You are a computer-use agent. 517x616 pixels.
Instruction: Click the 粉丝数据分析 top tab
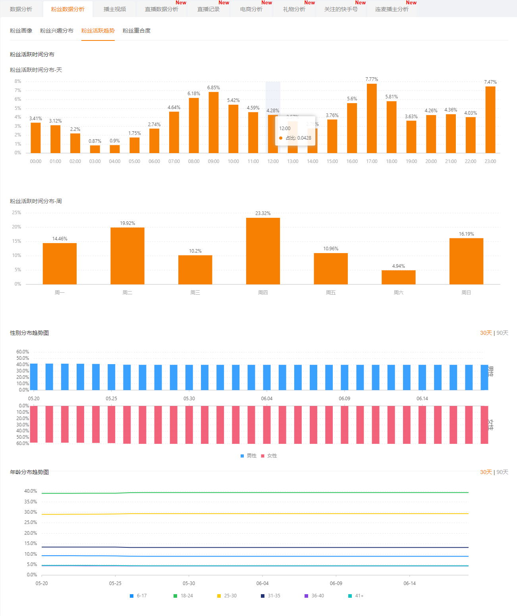click(x=68, y=9)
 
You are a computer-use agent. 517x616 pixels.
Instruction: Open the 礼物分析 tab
click(x=294, y=9)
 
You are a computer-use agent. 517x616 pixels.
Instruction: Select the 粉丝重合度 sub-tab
click(x=137, y=31)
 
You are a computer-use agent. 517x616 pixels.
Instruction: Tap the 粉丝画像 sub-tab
click(x=21, y=31)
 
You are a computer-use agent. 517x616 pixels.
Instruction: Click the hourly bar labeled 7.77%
click(x=372, y=118)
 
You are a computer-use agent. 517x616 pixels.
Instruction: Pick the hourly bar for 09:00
click(x=214, y=122)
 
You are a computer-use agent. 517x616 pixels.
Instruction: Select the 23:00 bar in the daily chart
click(x=490, y=119)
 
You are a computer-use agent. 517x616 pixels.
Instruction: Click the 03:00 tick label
click(x=95, y=161)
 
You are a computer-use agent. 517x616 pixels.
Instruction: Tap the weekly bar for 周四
click(x=263, y=251)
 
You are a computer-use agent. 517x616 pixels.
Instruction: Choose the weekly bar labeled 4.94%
click(x=398, y=277)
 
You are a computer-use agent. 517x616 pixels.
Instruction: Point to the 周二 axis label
click(x=127, y=293)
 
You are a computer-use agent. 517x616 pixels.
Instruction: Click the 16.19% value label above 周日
click(x=466, y=234)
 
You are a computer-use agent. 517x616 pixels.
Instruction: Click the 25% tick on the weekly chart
click(x=17, y=213)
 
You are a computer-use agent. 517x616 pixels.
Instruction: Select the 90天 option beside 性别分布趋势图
click(x=502, y=333)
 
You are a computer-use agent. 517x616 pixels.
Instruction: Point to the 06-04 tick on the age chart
click(x=262, y=583)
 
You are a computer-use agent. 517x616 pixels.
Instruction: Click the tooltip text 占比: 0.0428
click(x=298, y=138)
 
